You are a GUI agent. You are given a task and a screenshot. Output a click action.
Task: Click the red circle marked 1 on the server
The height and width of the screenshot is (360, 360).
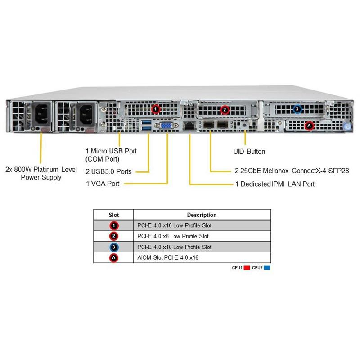[156, 108]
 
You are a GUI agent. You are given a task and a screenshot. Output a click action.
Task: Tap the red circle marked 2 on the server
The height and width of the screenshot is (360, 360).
[225, 109]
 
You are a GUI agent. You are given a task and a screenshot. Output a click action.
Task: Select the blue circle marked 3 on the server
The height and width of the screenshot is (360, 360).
[297, 109]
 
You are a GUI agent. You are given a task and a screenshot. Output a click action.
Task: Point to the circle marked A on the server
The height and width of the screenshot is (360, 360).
[308, 126]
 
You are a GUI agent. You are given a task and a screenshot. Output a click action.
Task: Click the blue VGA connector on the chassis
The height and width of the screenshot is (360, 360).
[165, 126]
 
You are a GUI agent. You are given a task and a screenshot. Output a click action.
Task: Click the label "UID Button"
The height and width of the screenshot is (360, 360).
[249, 152]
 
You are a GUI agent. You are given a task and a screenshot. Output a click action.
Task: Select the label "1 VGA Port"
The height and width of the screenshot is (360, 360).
[103, 184]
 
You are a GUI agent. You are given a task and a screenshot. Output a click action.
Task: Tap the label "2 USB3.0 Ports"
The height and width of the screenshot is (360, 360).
[108, 171]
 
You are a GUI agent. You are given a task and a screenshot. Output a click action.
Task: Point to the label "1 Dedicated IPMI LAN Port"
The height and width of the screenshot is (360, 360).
[275, 184]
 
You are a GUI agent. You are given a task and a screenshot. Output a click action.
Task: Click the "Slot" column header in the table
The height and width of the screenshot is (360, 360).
[114, 215]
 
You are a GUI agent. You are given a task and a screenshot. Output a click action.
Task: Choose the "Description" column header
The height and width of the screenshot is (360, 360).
[202, 215]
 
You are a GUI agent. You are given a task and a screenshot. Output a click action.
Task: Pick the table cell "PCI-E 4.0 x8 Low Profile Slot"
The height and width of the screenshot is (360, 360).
[173, 236]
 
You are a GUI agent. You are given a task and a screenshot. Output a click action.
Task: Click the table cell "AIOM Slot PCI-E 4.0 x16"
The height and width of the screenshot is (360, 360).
[167, 258]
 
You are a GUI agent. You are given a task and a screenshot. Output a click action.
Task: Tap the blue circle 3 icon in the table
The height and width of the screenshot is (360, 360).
[114, 247]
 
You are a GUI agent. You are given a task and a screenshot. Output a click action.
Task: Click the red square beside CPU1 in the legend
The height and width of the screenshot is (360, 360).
[247, 268]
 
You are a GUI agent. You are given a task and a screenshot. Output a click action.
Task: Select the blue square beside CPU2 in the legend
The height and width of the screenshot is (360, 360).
[267, 268]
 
